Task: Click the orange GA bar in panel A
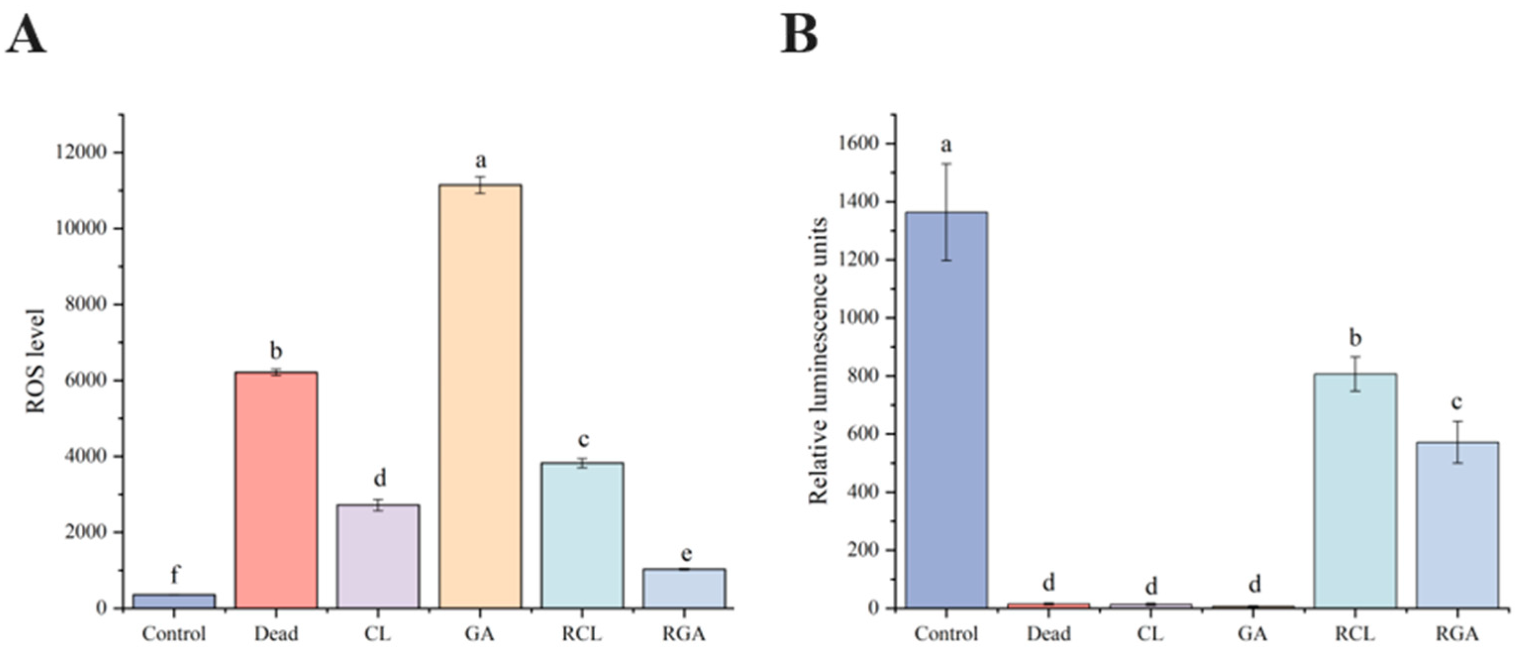click(480, 396)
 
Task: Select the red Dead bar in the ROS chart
click(276, 490)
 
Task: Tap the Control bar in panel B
click(946, 410)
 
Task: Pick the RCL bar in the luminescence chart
click(1355, 491)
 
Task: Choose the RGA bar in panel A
click(684, 588)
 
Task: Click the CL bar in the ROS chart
click(378, 556)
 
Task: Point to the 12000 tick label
click(81, 153)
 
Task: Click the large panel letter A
click(26, 34)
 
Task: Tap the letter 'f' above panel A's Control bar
click(174, 574)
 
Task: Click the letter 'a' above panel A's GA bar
click(481, 160)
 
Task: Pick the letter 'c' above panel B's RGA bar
click(1457, 403)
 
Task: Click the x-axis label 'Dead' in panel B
click(1049, 634)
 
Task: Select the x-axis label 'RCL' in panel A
click(582, 634)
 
